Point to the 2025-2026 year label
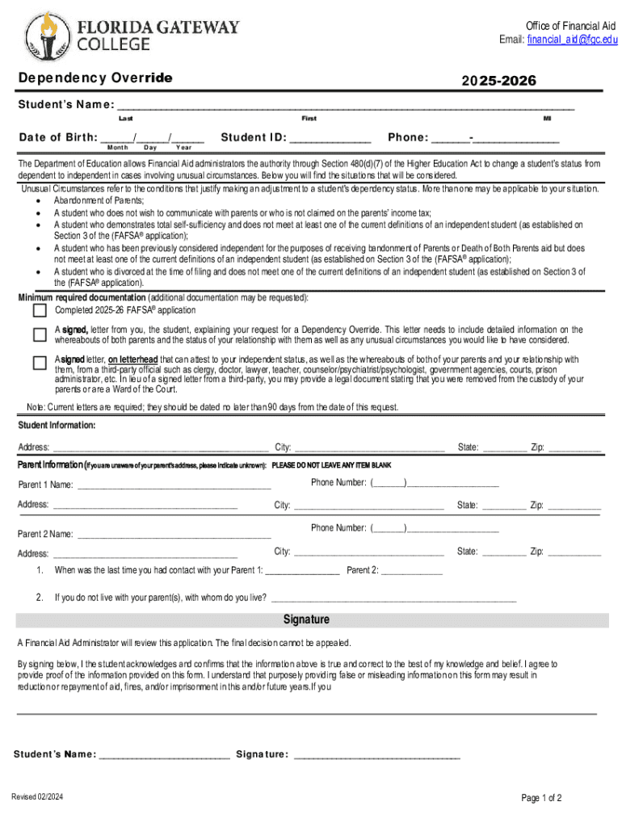pyautogui.click(x=498, y=81)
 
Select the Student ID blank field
pyautogui.click(x=331, y=139)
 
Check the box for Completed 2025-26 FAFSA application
pyautogui.click(x=40, y=310)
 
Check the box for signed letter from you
pyautogui.click(x=40, y=334)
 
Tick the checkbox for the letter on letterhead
pyautogui.click(x=40, y=363)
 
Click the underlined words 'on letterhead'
pyautogui.click(x=133, y=359)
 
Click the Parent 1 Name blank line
pyautogui.click(x=174, y=487)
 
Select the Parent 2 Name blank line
pyautogui.click(x=174, y=535)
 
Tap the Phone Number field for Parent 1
pyautogui.click(x=452, y=485)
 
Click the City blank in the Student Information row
pyautogui.click(x=368, y=448)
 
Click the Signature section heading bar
pyautogui.click(x=311, y=620)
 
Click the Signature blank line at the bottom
pyautogui.click(x=377, y=757)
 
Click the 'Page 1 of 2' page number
pyautogui.click(x=541, y=799)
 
